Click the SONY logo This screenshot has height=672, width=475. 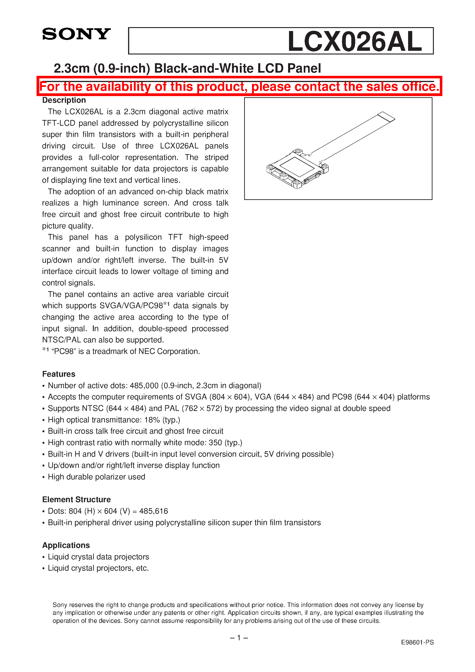76,34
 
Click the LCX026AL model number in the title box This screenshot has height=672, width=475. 355,42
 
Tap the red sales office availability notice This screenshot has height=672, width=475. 239,87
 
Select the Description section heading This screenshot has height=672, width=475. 64,100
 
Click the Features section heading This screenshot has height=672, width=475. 59,374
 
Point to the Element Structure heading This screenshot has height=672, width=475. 76,500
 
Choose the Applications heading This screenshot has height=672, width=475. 66,545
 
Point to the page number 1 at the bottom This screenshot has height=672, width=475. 239,638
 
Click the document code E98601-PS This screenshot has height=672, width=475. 417,642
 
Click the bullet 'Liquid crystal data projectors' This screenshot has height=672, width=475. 98,557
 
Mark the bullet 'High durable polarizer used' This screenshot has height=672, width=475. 96,477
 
